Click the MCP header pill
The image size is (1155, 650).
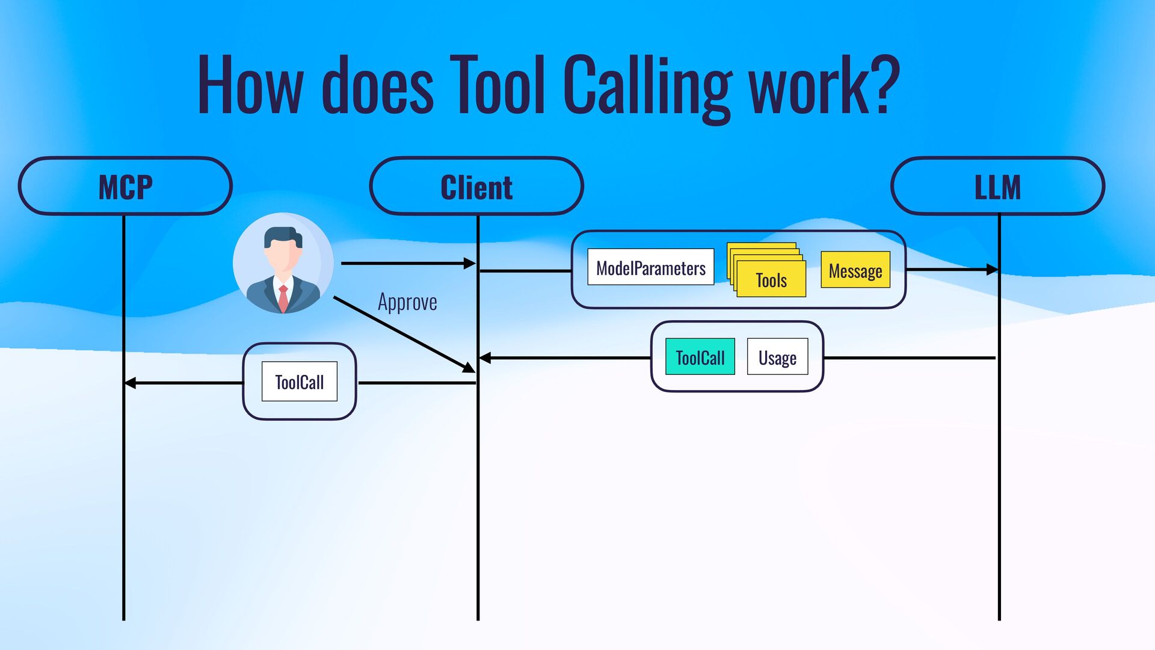(125, 186)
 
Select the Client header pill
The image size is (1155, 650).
(476, 186)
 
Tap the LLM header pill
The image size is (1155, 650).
(997, 186)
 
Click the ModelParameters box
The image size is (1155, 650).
(650, 267)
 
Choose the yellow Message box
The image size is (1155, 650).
(855, 270)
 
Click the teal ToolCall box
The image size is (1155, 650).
(700, 357)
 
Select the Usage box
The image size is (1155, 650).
(777, 357)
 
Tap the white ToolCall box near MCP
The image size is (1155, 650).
(299, 382)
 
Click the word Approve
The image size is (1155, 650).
(407, 302)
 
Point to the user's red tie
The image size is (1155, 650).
(283, 298)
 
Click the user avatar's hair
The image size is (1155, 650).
(283, 235)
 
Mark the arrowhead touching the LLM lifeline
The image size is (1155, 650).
(992, 270)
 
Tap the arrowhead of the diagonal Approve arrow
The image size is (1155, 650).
(468, 367)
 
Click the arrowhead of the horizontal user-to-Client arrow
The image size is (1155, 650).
(470, 263)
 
